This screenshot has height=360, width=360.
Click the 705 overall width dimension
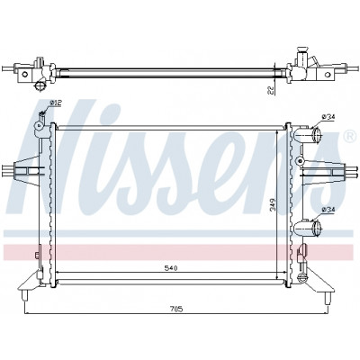(176, 309)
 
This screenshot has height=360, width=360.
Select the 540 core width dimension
(172, 268)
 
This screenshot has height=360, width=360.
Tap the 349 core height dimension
(272, 204)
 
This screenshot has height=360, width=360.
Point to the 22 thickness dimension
(271, 90)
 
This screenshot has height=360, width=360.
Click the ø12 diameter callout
(56, 103)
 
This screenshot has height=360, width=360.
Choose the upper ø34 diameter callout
(328, 117)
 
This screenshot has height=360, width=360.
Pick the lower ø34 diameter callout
(328, 210)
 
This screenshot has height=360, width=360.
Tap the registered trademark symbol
(348, 137)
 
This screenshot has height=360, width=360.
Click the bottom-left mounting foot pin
(25, 294)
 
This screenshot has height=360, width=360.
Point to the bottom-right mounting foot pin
(328, 298)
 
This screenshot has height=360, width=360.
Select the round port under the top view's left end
(40, 86)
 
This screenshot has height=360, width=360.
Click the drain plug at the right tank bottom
(302, 277)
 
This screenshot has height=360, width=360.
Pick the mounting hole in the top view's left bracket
(25, 74)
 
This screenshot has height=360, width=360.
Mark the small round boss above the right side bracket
(299, 160)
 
